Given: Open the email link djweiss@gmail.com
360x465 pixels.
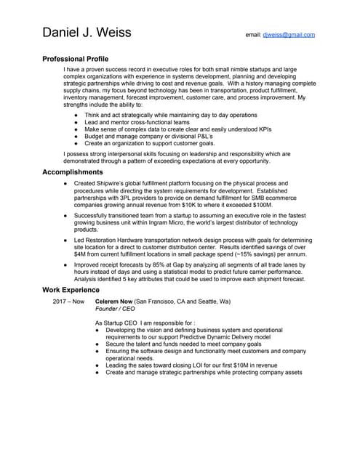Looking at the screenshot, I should click(288, 34).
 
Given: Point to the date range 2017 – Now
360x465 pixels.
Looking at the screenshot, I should click(68, 301).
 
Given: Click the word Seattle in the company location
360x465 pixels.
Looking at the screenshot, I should click(206, 301).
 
